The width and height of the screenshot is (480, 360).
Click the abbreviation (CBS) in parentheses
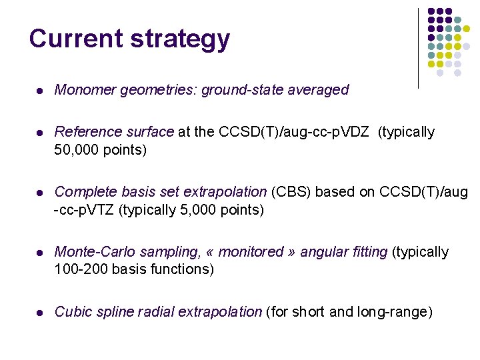coord(291,192)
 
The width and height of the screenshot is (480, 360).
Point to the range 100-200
coord(80,269)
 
